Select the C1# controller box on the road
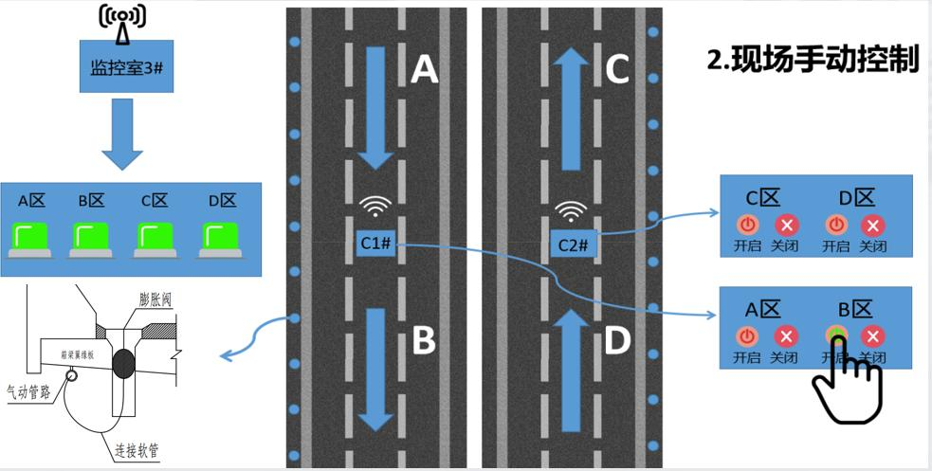(375, 243)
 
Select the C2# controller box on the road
(574, 245)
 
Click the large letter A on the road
(424, 68)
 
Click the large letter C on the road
(617, 68)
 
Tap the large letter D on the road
(616, 341)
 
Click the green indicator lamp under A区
(31, 237)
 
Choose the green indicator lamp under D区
(220, 237)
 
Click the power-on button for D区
(836, 226)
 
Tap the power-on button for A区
(747, 335)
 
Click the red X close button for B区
(874, 335)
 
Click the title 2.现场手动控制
(813, 59)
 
